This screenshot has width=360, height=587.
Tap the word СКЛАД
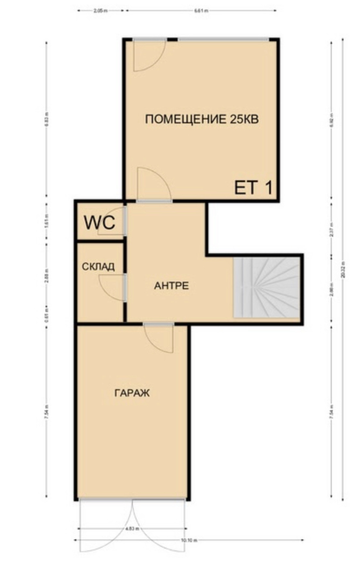pyautogui.click(x=98, y=267)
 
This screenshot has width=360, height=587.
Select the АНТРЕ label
pyautogui.click(x=172, y=286)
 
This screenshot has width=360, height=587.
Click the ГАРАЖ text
pyautogui.click(x=132, y=393)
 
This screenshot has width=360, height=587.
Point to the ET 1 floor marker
pyautogui.click(x=253, y=188)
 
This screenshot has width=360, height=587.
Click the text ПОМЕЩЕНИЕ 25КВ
pyautogui.click(x=202, y=119)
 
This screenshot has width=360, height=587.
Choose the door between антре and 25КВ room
pyautogui.click(x=153, y=184)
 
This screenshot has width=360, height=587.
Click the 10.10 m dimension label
pyautogui.click(x=189, y=540)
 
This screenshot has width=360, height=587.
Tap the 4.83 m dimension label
pyautogui.click(x=132, y=529)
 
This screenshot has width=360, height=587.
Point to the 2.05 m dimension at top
pyautogui.click(x=100, y=11)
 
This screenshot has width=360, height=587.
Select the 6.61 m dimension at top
pyautogui.click(x=201, y=11)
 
